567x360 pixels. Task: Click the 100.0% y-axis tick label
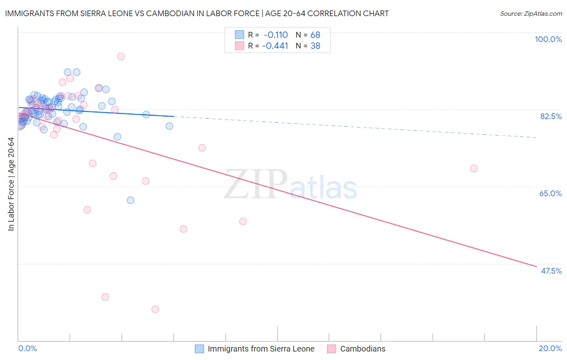pyautogui.click(x=548, y=39)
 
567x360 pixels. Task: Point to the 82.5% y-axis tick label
pyautogui.click(x=551, y=116)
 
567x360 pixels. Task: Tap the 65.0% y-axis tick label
pyautogui.click(x=550, y=193)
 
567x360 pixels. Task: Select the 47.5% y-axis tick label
pyautogui.click(x=551, y=271)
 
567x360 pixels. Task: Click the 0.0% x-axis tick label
pyautogui.click(x=27, y=348)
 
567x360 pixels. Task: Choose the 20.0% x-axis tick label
pyautogui.click(x=550, y=348)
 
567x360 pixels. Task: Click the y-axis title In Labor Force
pyautogui.click(x=11, y=184)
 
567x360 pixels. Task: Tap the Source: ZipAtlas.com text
pyautogui.click(x=531, y=14)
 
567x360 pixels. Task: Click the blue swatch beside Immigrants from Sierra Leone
pyautogui.click(x=199, y=349)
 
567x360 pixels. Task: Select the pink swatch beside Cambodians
pyautogui.click(x=331, y=349)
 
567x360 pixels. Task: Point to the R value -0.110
pyautogui.click(x=276, y=35)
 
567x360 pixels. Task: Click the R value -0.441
pyautogui.click(x=275, y=46)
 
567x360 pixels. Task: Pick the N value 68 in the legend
pyautogui.click(x=315, y=35)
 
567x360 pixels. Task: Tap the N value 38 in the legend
pyautogui.click(x=315, y=46)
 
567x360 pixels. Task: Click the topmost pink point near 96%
pyautogui.click(x=121, y=57)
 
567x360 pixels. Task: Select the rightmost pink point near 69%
pyautogui.click(x=474, y=168)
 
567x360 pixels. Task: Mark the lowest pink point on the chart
pyautogui.click(x=155, y=309)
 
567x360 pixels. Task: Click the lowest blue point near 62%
pyautogui.click(x=130, y=200)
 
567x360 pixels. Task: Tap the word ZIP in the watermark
pyautogui.click(x=256, y=184)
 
